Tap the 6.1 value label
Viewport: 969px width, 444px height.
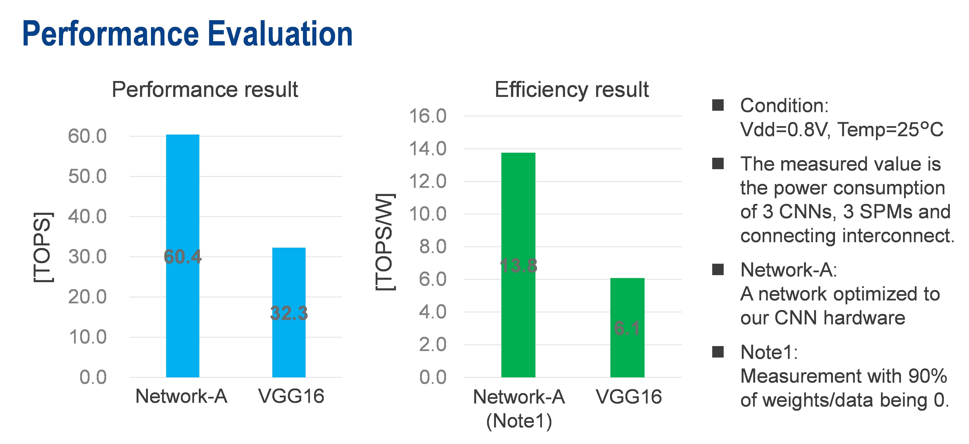point(627,328)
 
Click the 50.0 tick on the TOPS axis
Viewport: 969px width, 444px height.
point(87,176)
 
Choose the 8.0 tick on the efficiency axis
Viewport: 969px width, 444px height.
point(433,247)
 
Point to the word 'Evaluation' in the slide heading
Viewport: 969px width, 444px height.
point(280,34)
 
